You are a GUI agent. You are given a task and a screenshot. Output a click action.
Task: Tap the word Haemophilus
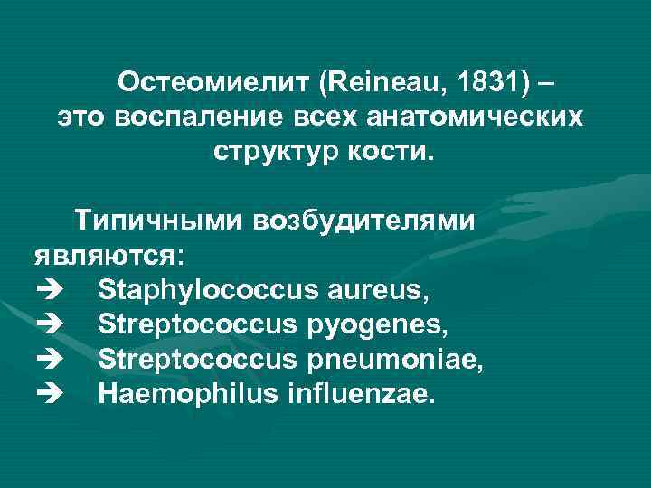tap(186, 393)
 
